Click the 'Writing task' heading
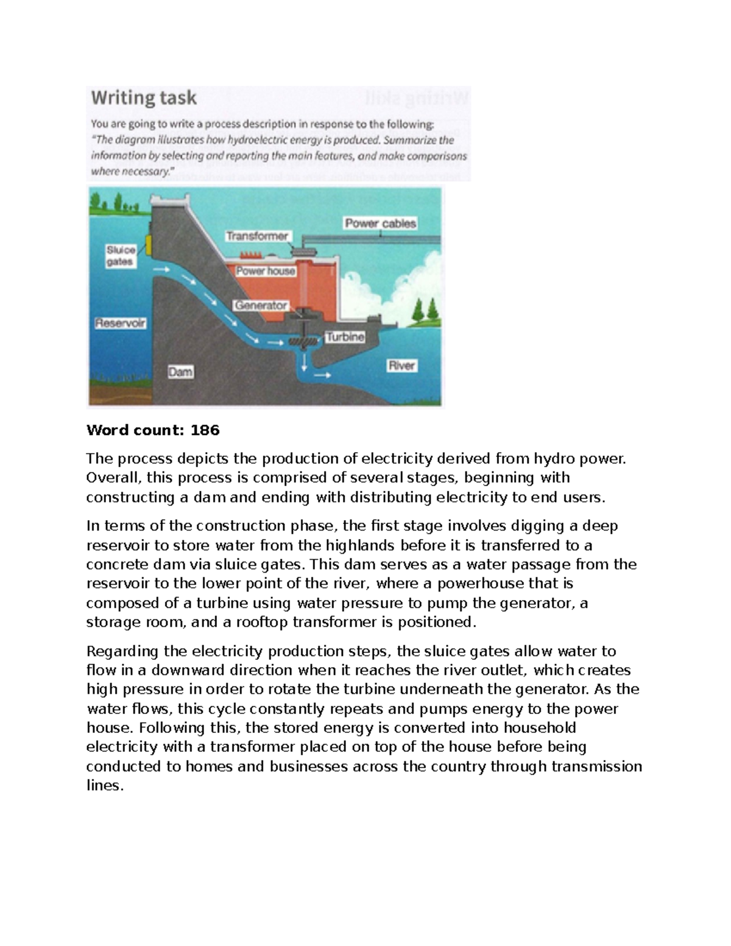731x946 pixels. tap(144, 98)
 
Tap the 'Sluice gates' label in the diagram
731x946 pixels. tap(121, 256)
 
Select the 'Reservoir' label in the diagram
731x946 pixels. tap(120, 323)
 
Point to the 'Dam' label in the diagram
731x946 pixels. tap(180, 371)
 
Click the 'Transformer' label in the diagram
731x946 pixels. tap(257, 236)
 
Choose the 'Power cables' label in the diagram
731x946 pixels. tap(380, 224)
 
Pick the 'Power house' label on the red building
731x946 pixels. tap(266, 271)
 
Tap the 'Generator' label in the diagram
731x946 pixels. tap(261, 305)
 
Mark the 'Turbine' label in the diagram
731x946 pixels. tap(345, 337)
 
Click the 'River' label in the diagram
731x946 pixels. tap(401, 365)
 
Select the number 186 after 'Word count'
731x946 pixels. tap(205, 431)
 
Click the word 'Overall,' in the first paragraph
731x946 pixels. tap(114, 478)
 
